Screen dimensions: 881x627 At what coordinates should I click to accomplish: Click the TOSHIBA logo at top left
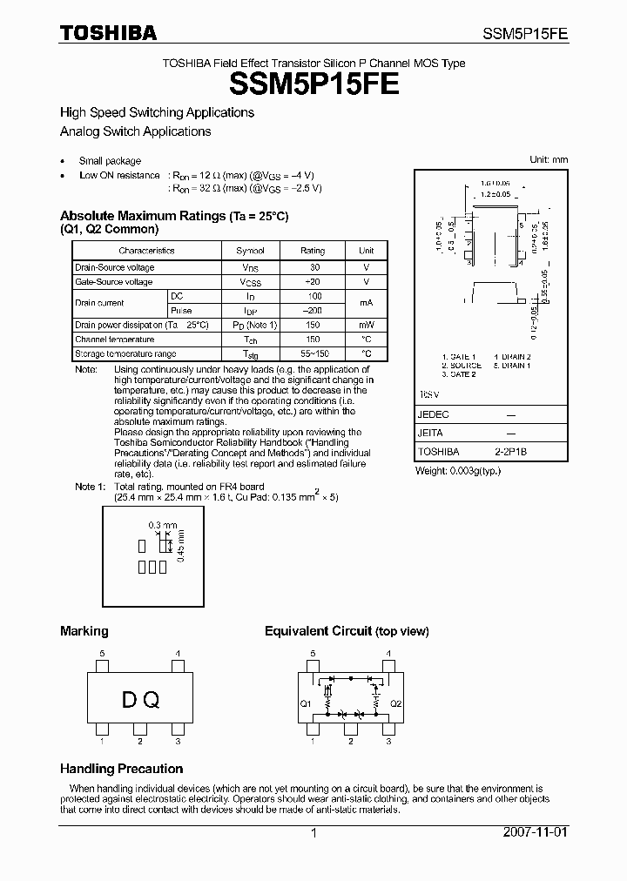pos(108,34)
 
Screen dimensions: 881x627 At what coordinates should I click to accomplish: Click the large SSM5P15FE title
pos(314,84)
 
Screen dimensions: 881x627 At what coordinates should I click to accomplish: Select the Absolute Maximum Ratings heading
pos(173,215)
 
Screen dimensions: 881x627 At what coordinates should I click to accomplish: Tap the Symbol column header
pos(250,251)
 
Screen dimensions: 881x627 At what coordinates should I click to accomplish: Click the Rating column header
pos(313,251)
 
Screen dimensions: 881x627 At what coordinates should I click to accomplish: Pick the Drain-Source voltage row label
pos(114,267)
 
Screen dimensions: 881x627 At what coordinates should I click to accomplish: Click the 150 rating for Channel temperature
pos(313,340)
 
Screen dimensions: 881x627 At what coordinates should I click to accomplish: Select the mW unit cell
pos(367,325)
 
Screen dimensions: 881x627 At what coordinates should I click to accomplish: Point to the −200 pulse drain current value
pos(313,311)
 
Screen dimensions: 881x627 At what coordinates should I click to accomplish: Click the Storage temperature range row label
pos(125,354)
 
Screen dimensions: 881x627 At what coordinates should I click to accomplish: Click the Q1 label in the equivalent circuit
pos(306,703)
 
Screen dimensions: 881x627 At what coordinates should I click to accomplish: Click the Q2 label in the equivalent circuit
pos(395,703)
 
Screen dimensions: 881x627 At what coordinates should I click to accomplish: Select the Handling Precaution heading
pos(121,769)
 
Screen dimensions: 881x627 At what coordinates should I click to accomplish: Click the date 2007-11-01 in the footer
pos(536,832)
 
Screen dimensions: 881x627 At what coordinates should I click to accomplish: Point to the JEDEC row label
pos(433,414)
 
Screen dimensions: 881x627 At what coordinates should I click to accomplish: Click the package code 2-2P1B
pos(511,452)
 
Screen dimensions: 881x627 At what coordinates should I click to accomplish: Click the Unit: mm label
pos(549,160)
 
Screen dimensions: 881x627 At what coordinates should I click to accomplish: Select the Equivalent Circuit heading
pos(347,631)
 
